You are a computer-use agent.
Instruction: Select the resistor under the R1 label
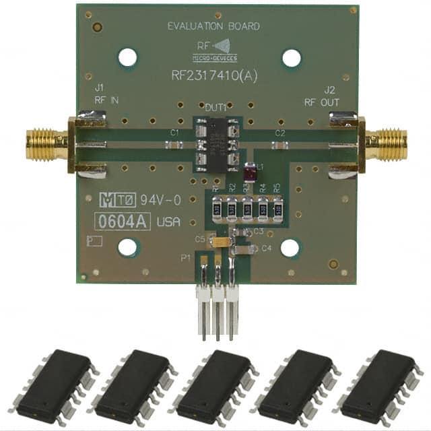coord(218,210)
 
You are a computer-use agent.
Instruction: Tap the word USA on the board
coord(168,222)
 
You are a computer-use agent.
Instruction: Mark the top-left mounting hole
coord(127,57)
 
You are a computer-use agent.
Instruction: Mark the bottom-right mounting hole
coord(290,248)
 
